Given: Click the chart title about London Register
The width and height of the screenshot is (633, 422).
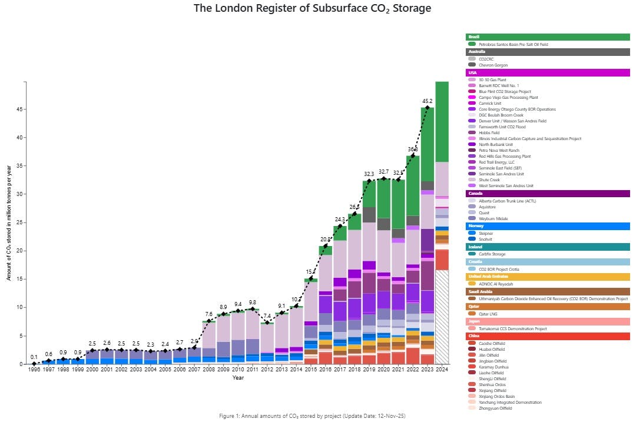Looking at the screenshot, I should pyautogui.click(x=313, y=8).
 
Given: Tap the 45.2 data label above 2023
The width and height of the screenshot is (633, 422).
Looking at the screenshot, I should pyautogui.click(x=427, y=101).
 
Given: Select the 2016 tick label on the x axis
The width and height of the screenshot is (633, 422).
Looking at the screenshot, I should pyautogui.click(x=326, y=370).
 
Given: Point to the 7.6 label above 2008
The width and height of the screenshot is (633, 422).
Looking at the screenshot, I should pyautogui.click(x=209, y=314).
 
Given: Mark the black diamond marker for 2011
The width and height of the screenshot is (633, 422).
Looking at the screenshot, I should pyautogui.click(x=253, y=309).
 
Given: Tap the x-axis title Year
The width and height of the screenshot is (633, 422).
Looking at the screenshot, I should pyautogui.click(x=238, y=378).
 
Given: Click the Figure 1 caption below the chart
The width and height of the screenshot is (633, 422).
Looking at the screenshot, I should pyautogui.click(x=312, y=416).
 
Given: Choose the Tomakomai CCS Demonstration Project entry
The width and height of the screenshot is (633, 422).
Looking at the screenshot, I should pyautogui.click(x=512, y=328).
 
